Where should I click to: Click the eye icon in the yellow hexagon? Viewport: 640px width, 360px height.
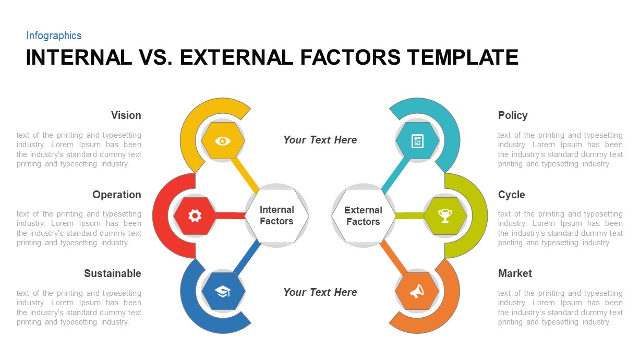click(x=223, y=140)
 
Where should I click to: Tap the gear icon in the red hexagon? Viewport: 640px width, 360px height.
click(x=195, y=215)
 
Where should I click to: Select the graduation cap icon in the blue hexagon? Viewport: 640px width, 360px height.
click(x=223, y=291)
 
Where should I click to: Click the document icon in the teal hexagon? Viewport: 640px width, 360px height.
click(x=417, y=141)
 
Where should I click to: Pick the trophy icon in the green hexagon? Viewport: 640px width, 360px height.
click(x=445, y=215)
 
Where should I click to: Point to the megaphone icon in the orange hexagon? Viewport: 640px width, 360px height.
click(x=417, y=291)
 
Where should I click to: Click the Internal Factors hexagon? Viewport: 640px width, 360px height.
click(x=276, y=215)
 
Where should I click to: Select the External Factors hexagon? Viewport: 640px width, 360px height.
click(x=363, y=215)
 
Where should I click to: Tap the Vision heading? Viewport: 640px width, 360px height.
click(x=126, y=115)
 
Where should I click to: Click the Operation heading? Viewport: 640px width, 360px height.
click(x=117, y=195)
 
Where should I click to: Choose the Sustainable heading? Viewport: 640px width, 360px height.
click(x=113, y=273)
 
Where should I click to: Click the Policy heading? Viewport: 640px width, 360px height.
click(x=513, y=115)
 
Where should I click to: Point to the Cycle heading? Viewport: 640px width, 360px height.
click(x=511, y=195)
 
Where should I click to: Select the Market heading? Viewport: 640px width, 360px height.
click(x=515, y=273)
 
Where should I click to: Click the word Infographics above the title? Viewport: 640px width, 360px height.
click(x=54, y=35)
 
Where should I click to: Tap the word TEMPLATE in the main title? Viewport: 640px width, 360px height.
click(x=462, y=57)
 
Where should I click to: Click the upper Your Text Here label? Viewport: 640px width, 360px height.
click(x=320, y=140)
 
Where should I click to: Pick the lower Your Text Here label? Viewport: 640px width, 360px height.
click(x=320, y=292)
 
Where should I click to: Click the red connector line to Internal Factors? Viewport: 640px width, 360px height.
click(x=231, y=215)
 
